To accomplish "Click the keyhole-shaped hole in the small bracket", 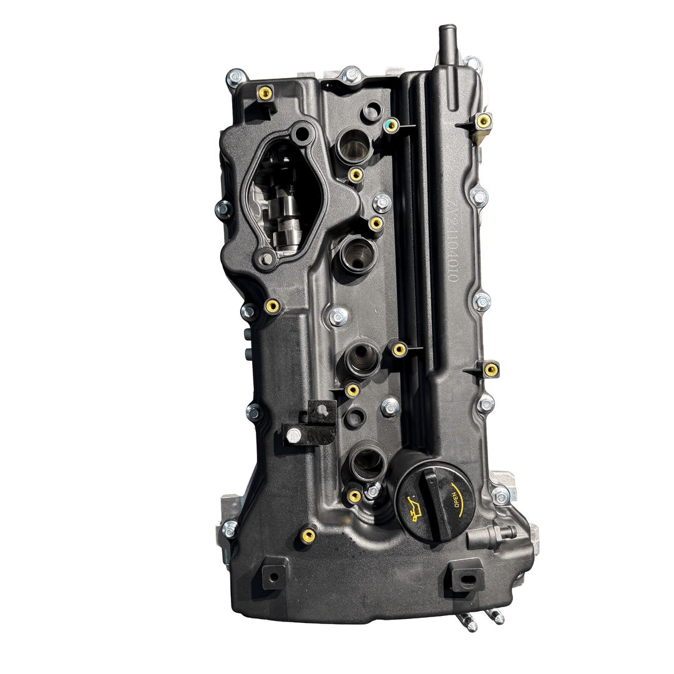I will click(321, 410).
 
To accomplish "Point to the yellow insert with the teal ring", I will click(391, 125).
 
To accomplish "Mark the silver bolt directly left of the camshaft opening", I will click(223, 210).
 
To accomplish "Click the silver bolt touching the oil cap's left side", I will click(373, 491).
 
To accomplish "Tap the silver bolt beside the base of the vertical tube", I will click(472, 64).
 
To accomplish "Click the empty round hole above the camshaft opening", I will click(303, 133).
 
